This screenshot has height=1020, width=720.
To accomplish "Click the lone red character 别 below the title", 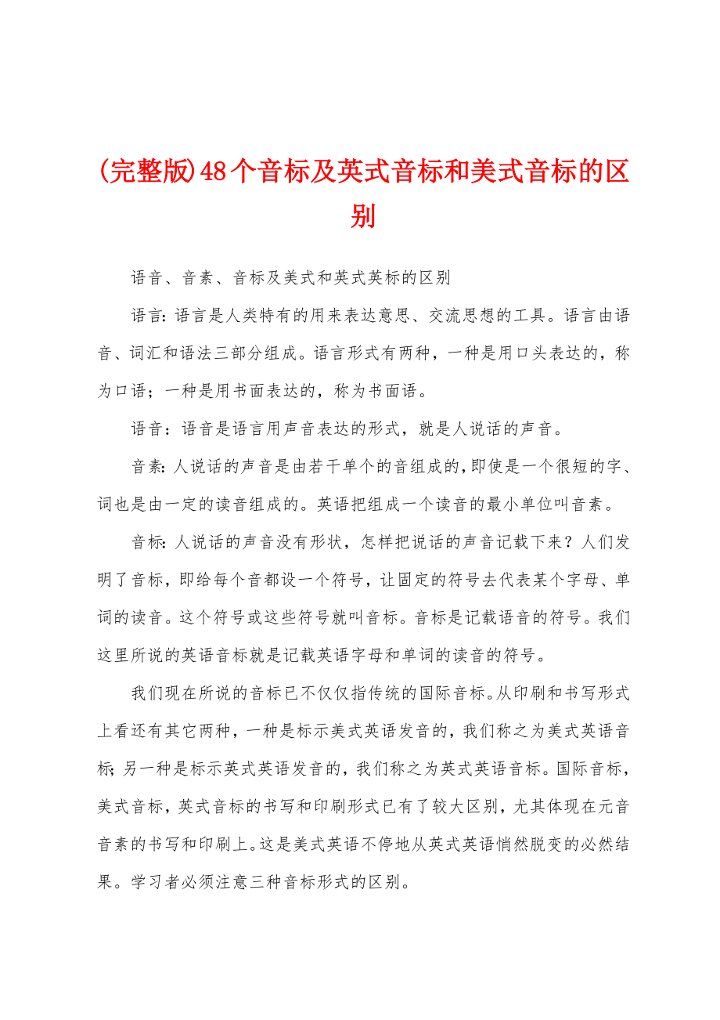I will [363, 215].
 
